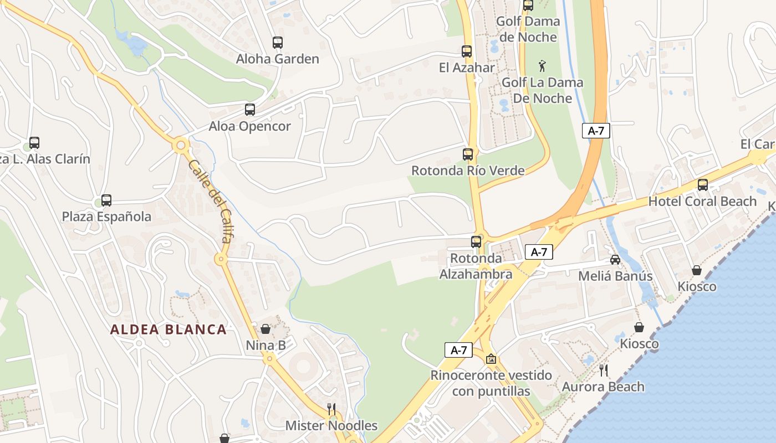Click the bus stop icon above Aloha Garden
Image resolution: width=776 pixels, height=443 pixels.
(278, 42)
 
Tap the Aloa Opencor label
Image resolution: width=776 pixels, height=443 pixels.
(249, 126)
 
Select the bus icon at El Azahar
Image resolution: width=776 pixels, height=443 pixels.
(467, 51)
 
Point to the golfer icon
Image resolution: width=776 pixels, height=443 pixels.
(542, 66)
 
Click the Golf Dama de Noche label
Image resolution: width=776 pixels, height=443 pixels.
(528, 29)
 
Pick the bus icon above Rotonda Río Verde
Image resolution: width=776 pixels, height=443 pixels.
(468, 154)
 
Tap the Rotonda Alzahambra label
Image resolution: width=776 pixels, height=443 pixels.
(476, 266)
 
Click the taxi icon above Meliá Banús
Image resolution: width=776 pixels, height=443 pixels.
(615, 259)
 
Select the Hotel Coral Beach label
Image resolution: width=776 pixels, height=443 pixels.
(702, 202)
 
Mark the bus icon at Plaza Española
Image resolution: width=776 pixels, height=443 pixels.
(106, 200)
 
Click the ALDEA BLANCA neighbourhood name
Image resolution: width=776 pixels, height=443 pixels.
(169, 329)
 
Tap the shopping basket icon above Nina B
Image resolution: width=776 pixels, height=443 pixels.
(266, 329)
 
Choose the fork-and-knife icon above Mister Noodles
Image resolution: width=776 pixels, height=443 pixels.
(331, 409)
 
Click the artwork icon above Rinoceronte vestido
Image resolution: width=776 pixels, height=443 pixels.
(491, 359)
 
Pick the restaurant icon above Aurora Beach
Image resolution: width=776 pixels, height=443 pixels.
(604, 370)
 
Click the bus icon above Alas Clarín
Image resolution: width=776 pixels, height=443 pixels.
(34, 143)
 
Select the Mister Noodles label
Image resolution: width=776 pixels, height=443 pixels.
(331, 426)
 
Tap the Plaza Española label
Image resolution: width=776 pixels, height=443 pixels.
(106, 217)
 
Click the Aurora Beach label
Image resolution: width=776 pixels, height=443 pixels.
(604, 387)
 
